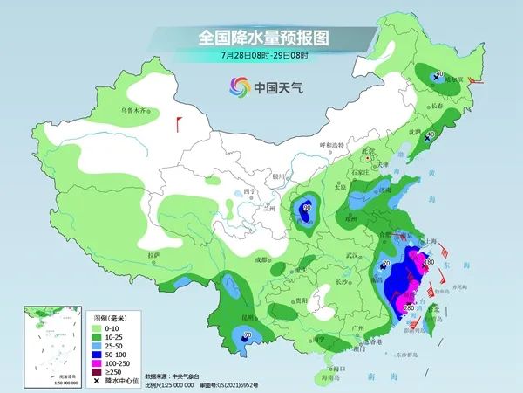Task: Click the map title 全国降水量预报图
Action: point(261,38)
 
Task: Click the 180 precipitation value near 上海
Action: point(429,261)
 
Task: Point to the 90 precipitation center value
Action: point(306,207)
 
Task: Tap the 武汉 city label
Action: point(352,255)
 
